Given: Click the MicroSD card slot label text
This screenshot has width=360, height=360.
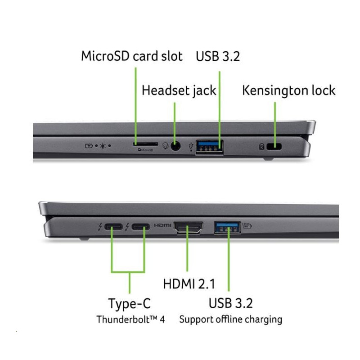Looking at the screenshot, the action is (132, 56).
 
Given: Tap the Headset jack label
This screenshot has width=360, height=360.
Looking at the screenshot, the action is (179, 90).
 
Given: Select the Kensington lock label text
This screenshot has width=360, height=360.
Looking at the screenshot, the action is (289, 90).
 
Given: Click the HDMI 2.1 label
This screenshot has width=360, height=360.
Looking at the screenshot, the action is (189, 284).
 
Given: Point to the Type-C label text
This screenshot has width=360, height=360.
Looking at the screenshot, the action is (130, 303).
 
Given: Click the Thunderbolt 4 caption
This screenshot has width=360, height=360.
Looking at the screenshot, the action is (130, 319).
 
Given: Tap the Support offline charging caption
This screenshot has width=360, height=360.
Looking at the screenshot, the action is (231, 319).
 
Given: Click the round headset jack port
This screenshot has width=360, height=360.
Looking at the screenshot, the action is (175, 146).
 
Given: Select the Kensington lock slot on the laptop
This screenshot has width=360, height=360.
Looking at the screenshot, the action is (274, 147).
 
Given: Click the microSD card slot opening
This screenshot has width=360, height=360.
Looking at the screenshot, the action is (145, 144).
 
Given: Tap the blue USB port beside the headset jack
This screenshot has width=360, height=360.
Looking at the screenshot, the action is (209, 147).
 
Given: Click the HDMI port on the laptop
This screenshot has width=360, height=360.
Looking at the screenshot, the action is (188, 228).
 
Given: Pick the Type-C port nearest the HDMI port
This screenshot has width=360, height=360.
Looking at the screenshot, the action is (140, 227).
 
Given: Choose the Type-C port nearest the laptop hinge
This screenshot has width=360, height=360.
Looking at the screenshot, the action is (113, 227).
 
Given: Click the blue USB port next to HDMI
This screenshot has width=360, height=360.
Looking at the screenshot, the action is (227, 227).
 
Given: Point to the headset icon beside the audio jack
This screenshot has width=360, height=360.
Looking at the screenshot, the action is (165, 146).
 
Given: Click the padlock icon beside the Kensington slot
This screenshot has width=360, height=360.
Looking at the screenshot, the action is (262, 147).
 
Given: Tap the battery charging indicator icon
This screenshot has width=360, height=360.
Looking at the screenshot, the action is (89, 145).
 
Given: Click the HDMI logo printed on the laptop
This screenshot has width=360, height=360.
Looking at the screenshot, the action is (162, 225).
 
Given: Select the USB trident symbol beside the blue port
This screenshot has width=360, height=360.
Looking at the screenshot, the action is (191, 147).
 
